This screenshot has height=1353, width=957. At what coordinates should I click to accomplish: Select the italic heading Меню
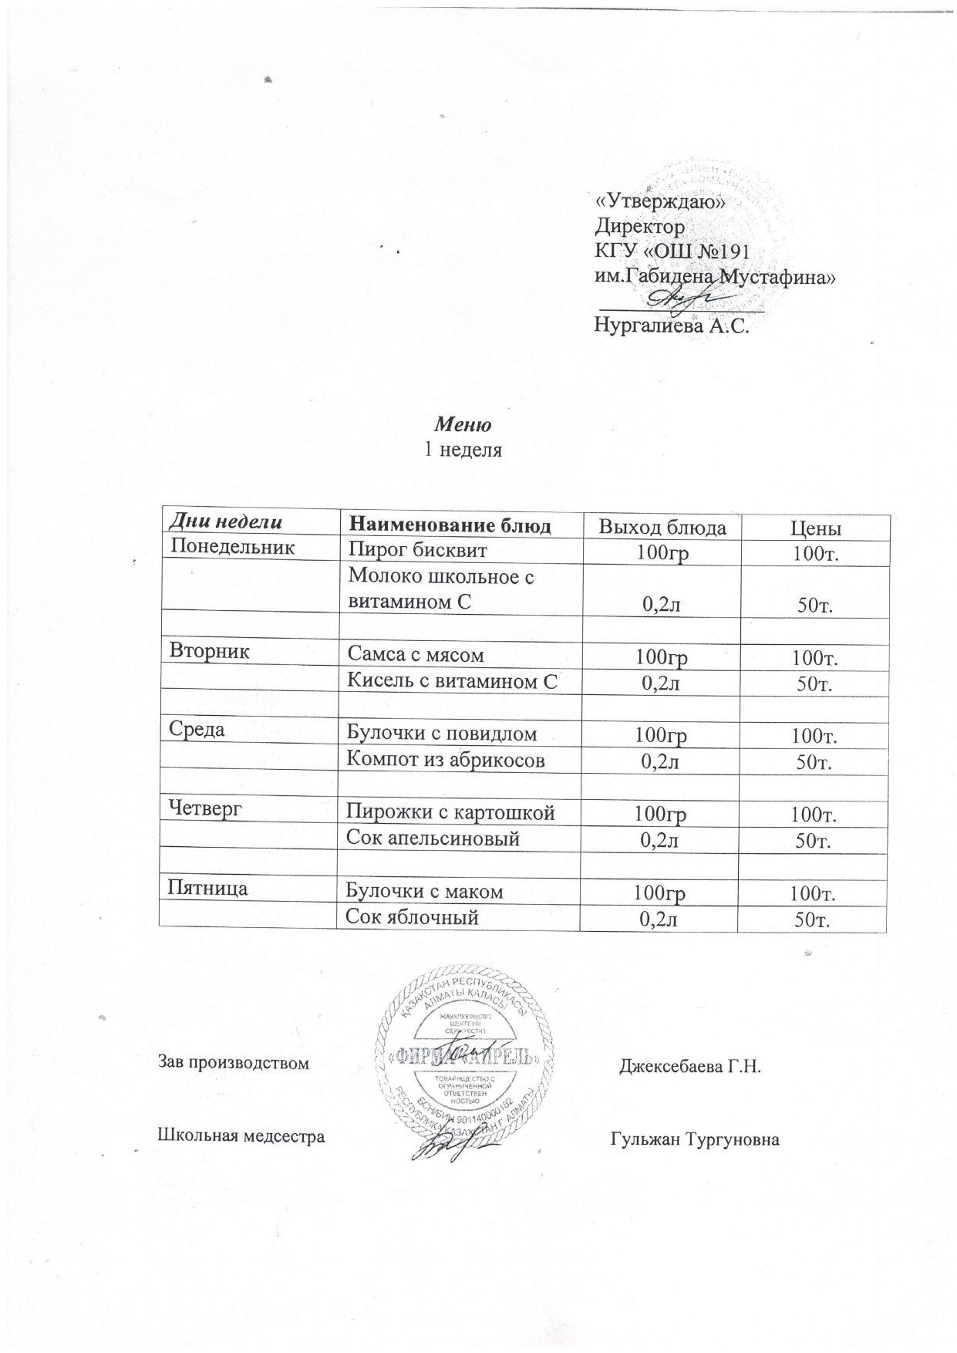(463, 424)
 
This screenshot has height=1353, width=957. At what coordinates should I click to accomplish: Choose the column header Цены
(815, 528)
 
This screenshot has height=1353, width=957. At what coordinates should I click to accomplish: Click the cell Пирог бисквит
(417, 549)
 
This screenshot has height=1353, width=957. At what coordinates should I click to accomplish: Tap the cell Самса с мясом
(416, 655)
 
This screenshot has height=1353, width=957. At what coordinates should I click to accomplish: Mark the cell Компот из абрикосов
(446, 759)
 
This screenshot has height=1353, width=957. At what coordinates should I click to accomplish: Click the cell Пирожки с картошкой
(450, 811)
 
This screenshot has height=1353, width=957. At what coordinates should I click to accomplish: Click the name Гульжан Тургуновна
(695, 1139)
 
